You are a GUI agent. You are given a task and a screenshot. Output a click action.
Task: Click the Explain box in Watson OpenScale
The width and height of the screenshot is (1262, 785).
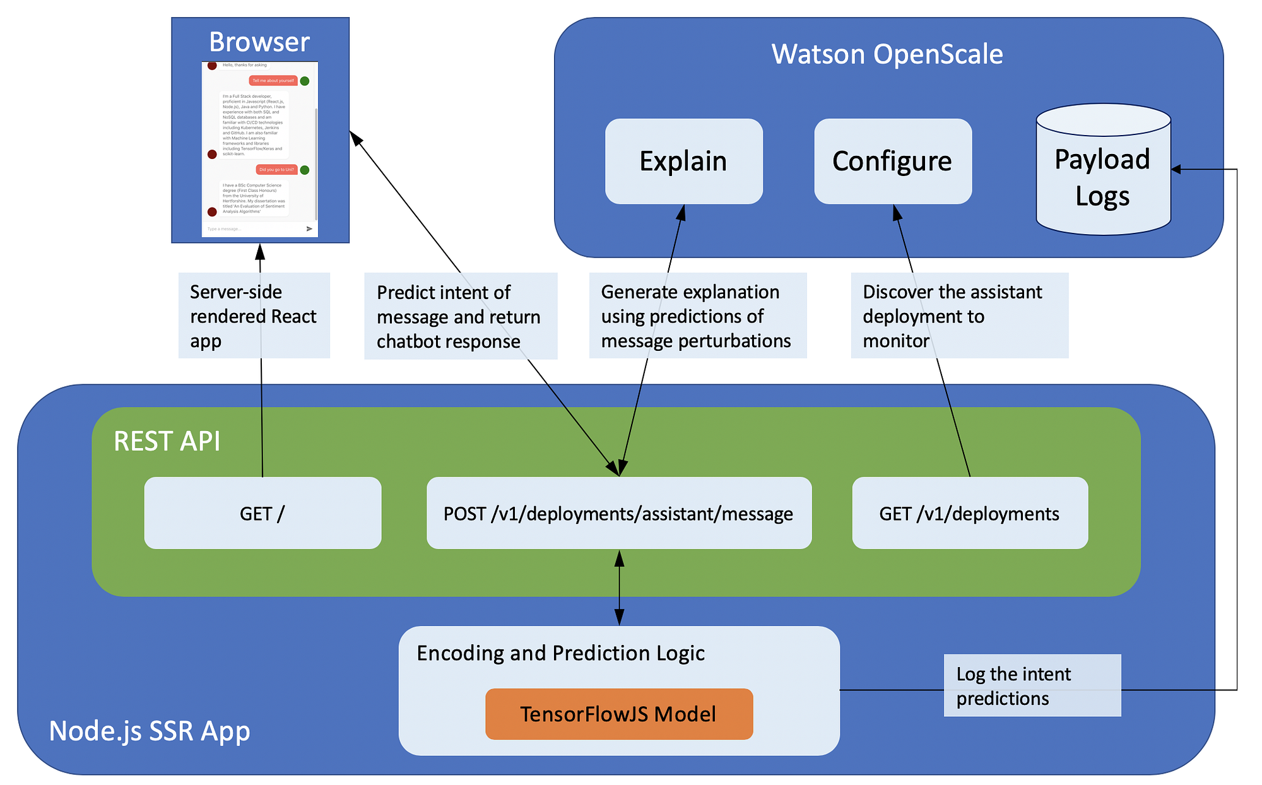point(683,162)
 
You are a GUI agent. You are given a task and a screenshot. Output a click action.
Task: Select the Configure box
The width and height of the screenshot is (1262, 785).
point(892,162)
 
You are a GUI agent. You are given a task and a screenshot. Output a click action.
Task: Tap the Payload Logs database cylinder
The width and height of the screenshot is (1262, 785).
point(1102,177)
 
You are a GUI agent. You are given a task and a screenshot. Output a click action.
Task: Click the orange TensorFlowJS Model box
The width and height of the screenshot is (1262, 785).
point(618,714)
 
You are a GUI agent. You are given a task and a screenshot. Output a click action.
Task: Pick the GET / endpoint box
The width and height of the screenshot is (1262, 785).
point(262,513)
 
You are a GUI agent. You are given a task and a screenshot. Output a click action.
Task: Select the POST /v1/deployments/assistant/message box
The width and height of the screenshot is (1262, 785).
point(618,513)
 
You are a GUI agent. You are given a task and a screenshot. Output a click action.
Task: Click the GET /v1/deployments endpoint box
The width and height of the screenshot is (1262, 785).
point(969,513)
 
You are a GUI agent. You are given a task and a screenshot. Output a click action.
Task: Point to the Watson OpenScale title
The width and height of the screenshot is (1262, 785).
point(887,54)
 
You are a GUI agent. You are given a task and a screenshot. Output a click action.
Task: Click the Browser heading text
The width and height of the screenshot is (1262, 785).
point(259,42)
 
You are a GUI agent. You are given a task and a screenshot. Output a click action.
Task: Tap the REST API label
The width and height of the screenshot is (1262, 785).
point(167,441)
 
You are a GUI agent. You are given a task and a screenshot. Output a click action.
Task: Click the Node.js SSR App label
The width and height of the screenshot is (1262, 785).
point(150,731)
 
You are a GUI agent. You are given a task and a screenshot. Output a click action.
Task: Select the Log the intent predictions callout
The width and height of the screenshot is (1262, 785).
point(1032,686)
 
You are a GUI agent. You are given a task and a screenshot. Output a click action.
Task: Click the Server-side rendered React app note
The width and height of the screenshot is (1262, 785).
point(254,316)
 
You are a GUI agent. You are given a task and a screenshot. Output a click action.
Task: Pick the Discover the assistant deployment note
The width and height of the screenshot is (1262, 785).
point(959,316)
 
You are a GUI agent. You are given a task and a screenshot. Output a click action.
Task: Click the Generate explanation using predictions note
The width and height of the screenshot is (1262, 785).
point(697,316)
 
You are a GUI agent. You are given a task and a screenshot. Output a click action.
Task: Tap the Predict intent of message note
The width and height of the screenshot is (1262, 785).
point(460,316)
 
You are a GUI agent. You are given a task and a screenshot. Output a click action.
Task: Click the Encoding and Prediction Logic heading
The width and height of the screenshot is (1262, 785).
point(560,652)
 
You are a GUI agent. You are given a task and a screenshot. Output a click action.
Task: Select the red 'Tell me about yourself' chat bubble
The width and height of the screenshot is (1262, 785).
point(273,81)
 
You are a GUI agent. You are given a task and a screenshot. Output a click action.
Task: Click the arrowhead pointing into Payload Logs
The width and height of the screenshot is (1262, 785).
point(1176,169)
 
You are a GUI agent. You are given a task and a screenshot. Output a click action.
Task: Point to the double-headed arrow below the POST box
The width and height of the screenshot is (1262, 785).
point(619,587)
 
